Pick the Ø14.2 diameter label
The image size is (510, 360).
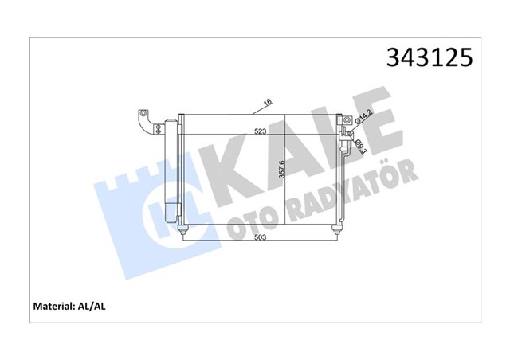pos(362,120)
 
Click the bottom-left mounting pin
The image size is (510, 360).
pos(184,232)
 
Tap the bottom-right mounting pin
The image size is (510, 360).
pos(337,232)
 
